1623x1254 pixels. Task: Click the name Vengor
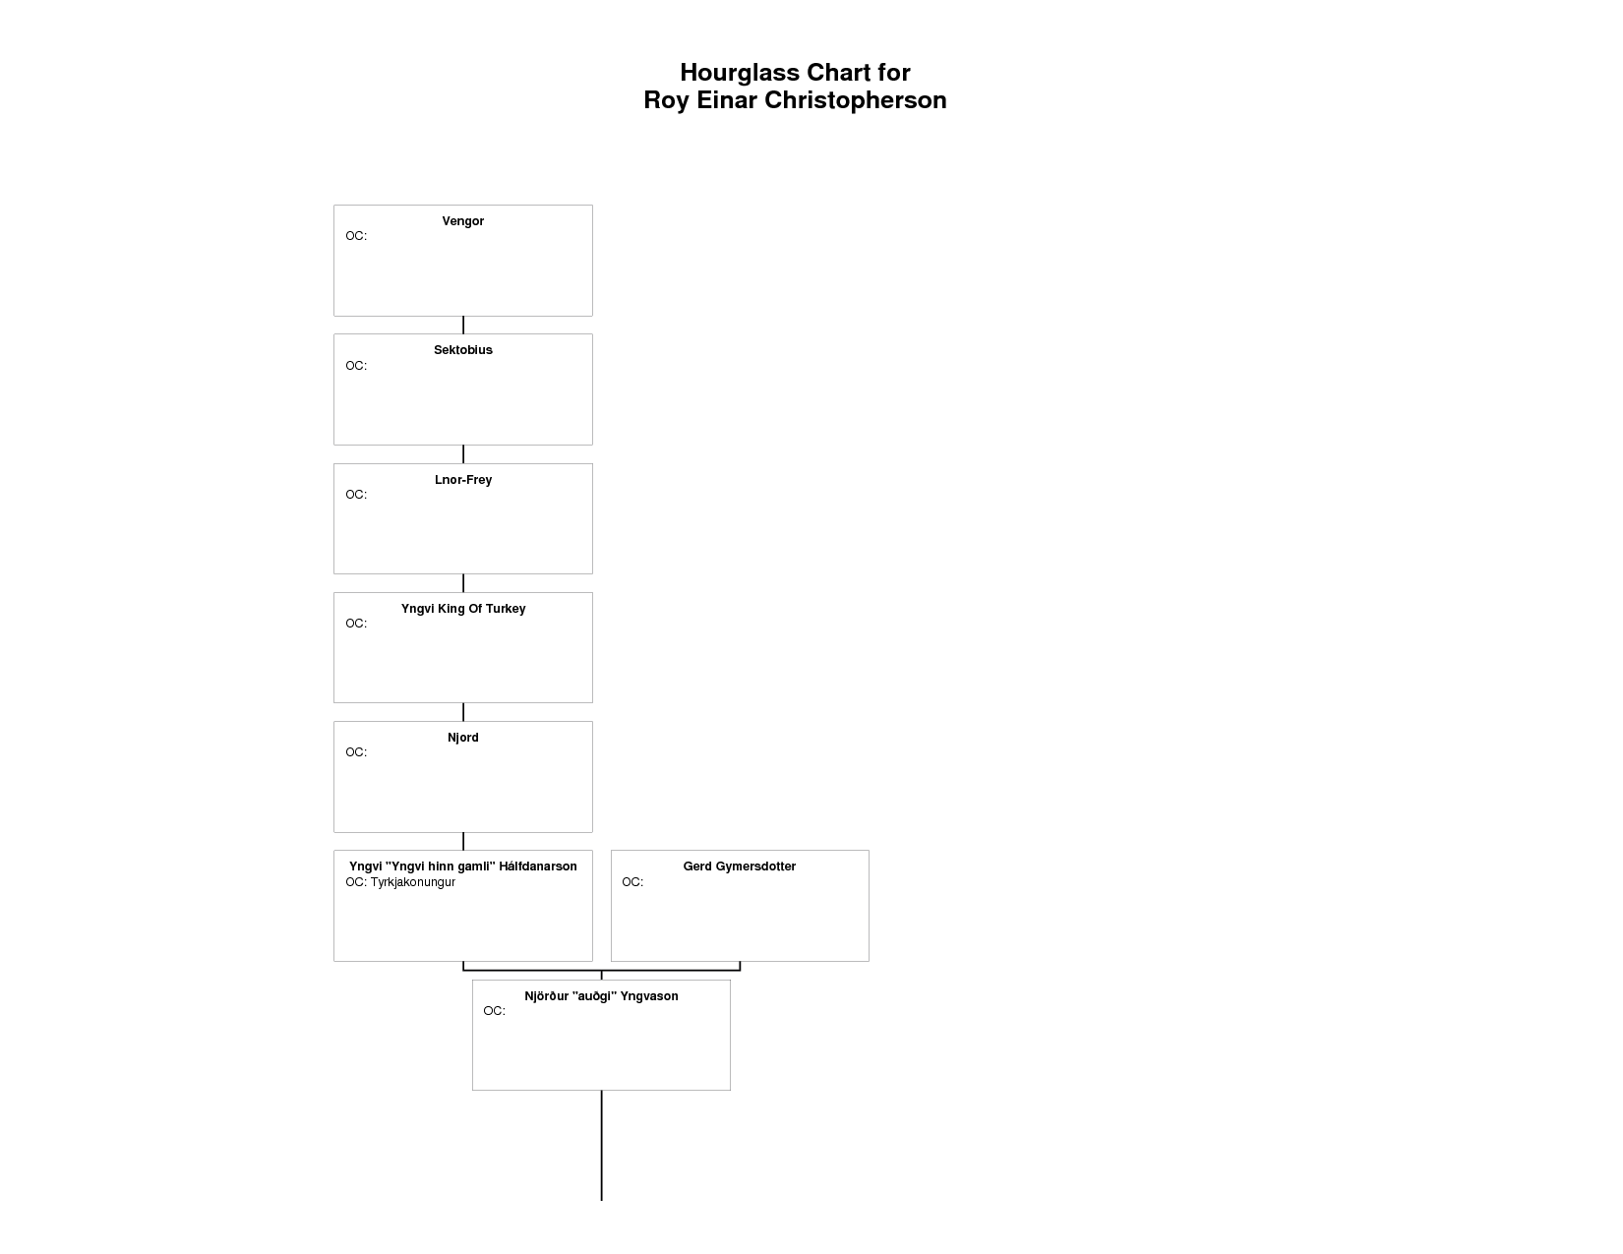click(x=462, y=221)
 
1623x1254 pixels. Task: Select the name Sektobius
click(x=462, y=349)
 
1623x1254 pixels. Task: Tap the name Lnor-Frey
click(x=462, y=480)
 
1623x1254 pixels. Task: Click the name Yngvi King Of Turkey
click(x=462, y=609)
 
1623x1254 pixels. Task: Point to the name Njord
click(x=462, y=738)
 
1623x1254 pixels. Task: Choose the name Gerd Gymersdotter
click(x=739, y=866)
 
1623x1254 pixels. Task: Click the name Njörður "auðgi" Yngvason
click(x=600, y=995)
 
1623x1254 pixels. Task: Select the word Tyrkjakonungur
click(x=412, y=882)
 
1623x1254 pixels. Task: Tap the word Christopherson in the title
click(x=855, y=100)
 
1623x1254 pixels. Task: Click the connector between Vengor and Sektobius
click(x=462, y=325)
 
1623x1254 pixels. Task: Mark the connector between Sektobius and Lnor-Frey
click(x=462, y=454)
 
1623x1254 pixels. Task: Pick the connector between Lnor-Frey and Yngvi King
click(x=462, y=583)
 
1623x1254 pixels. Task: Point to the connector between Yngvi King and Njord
click(x=462, y=712)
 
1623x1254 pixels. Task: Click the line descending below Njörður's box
click(x=600, y=1145)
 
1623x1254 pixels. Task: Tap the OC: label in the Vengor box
click(x=355, y=236)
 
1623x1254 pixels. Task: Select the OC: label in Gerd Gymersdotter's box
click(x=631, y=882)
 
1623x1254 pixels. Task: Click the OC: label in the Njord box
click(x=355, y=752)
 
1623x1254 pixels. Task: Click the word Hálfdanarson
click(x=537, y=866)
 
